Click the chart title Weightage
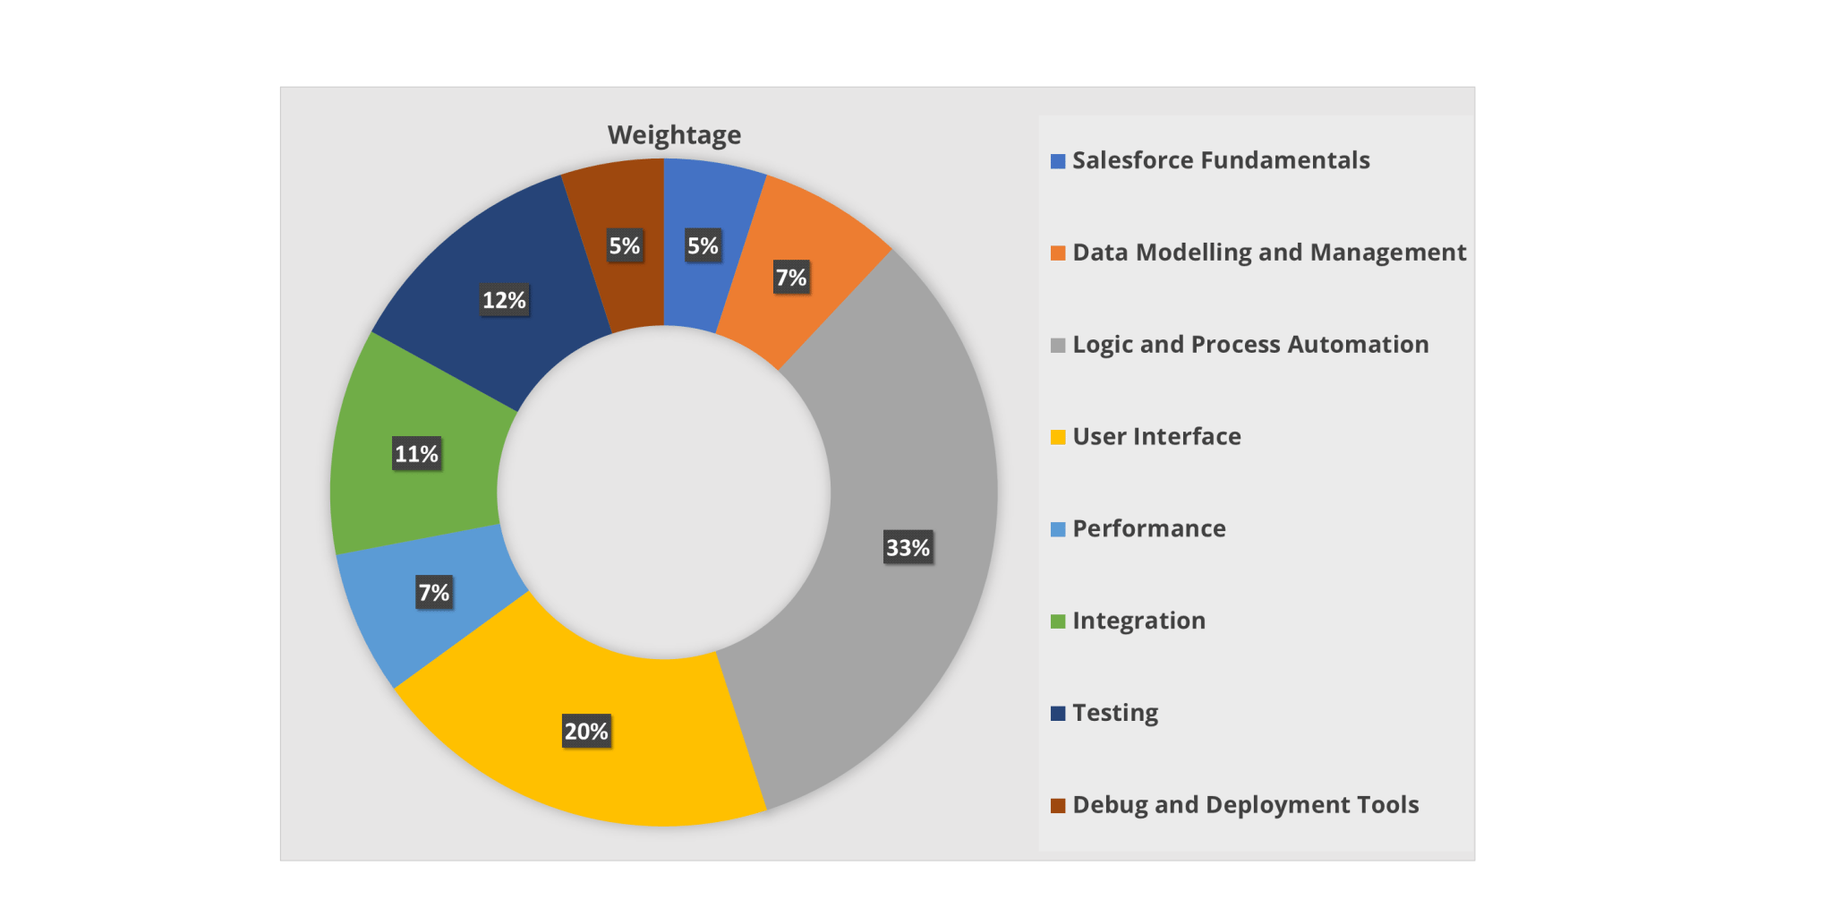point(674,135)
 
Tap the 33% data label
point(908,547)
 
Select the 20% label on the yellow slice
point(586,732)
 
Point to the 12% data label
point(504,300)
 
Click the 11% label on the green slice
point(417,454)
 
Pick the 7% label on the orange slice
point(791,278)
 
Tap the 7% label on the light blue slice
point(434,592)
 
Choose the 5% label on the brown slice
point(625,245)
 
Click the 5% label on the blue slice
point(703,245)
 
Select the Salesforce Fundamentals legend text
point(1221,160)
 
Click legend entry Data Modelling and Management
point(1269,253)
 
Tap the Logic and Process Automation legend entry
point(1250,345)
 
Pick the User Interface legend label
point(1156,437)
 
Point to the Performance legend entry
point(1149,528)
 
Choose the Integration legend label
point(1138,621)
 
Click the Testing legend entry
point(1115,713)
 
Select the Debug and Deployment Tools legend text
point(1246,805)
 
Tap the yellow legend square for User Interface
point(1058,437)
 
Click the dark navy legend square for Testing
point(1058,714)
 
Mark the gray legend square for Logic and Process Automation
point(1058,346)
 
